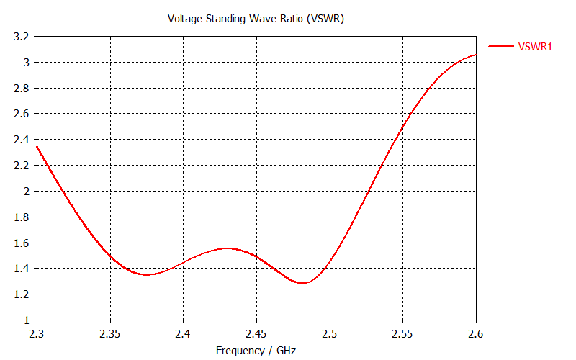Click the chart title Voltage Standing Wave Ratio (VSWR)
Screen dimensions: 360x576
(x=256, y=19)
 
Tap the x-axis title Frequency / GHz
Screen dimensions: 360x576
(x=256, y=351)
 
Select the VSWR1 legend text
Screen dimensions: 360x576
(x=535, y=46)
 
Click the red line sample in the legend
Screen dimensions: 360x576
(x=500, y=46)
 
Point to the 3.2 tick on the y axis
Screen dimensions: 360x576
(x=21, y=37)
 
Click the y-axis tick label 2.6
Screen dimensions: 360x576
(x=21, y=114)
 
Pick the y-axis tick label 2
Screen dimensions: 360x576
(x=26, y=192)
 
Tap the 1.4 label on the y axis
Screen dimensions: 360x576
(x=21, y=269)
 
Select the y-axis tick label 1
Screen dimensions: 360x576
(x=26, y=320)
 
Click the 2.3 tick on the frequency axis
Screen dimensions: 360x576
(x=37, y=334)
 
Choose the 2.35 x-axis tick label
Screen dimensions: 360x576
(x=110, y=334)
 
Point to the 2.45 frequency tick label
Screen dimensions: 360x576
(x=256, y=334)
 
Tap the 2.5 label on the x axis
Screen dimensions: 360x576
(x=330, y=334)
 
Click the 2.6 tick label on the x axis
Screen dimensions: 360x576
(x=475, y=334)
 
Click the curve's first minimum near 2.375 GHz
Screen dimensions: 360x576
(x=148, y=275)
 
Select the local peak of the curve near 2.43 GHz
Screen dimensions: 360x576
(x=228, y=248)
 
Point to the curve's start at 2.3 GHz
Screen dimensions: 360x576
(x=37, y=146)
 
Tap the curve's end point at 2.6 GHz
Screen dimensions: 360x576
(x=475, y=55)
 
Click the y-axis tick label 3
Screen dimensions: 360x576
(x=26, y=63)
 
